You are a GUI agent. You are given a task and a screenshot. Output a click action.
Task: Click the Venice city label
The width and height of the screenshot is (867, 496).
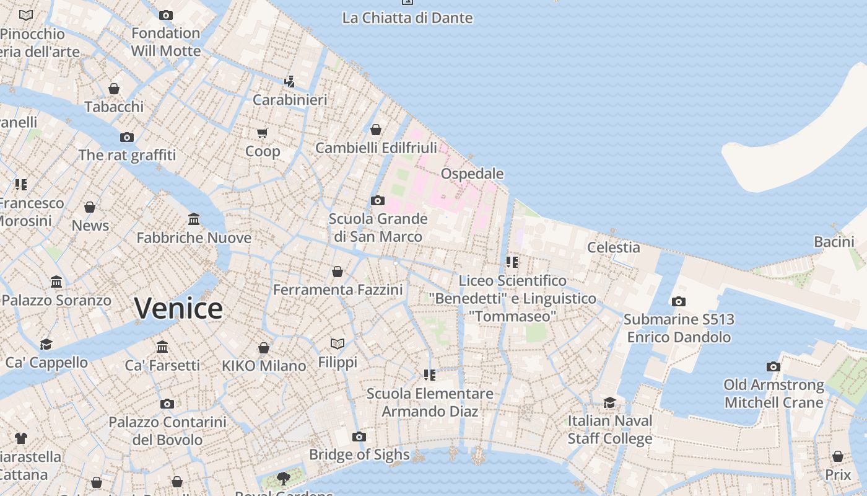[178, 308]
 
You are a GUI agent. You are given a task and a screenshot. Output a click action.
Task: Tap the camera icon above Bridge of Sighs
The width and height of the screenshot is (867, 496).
[359, 437]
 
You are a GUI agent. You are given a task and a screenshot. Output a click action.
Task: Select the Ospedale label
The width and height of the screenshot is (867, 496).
[472, 174]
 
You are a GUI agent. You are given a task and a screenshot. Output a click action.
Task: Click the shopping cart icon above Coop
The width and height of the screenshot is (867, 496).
[263, 133]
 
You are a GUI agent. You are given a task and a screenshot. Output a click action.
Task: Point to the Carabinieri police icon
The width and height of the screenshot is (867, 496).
[289, 81]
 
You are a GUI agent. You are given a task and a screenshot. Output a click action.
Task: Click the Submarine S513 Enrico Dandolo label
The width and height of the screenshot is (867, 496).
[679, 328]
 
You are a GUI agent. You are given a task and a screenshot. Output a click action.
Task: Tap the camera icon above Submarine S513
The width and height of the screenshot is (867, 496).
[679, 302]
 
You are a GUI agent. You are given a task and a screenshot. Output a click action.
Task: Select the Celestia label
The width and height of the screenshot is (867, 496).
[613, 247]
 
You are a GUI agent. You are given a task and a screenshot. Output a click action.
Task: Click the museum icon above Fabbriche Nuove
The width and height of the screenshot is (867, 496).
[194, 219]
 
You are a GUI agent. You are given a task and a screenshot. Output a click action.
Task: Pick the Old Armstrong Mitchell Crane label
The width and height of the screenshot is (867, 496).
[773, 394]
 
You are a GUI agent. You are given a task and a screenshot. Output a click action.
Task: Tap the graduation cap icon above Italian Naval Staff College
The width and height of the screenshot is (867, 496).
[610, 403]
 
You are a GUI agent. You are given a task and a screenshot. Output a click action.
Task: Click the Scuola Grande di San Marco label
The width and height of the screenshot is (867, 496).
[378, 228]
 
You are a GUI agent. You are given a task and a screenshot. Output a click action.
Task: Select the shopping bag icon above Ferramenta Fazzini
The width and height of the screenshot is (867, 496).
[338, 272]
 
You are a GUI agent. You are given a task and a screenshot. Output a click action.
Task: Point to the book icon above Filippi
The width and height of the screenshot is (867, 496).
[338, 343]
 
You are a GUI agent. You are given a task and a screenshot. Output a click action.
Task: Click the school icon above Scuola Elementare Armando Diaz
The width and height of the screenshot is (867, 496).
[430, 374]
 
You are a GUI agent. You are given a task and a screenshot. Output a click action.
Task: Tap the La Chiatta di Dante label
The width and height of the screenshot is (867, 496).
[407, 18]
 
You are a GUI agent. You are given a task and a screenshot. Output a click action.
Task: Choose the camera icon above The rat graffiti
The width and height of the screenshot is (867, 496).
[127, 137]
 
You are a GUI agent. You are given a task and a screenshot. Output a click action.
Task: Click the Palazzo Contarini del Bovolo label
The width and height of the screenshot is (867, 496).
[167, 431]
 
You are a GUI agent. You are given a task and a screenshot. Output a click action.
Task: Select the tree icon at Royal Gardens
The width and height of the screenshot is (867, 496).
[284, 478]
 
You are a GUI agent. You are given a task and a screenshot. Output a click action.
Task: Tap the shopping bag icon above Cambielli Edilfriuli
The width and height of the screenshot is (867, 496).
[376, 130]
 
